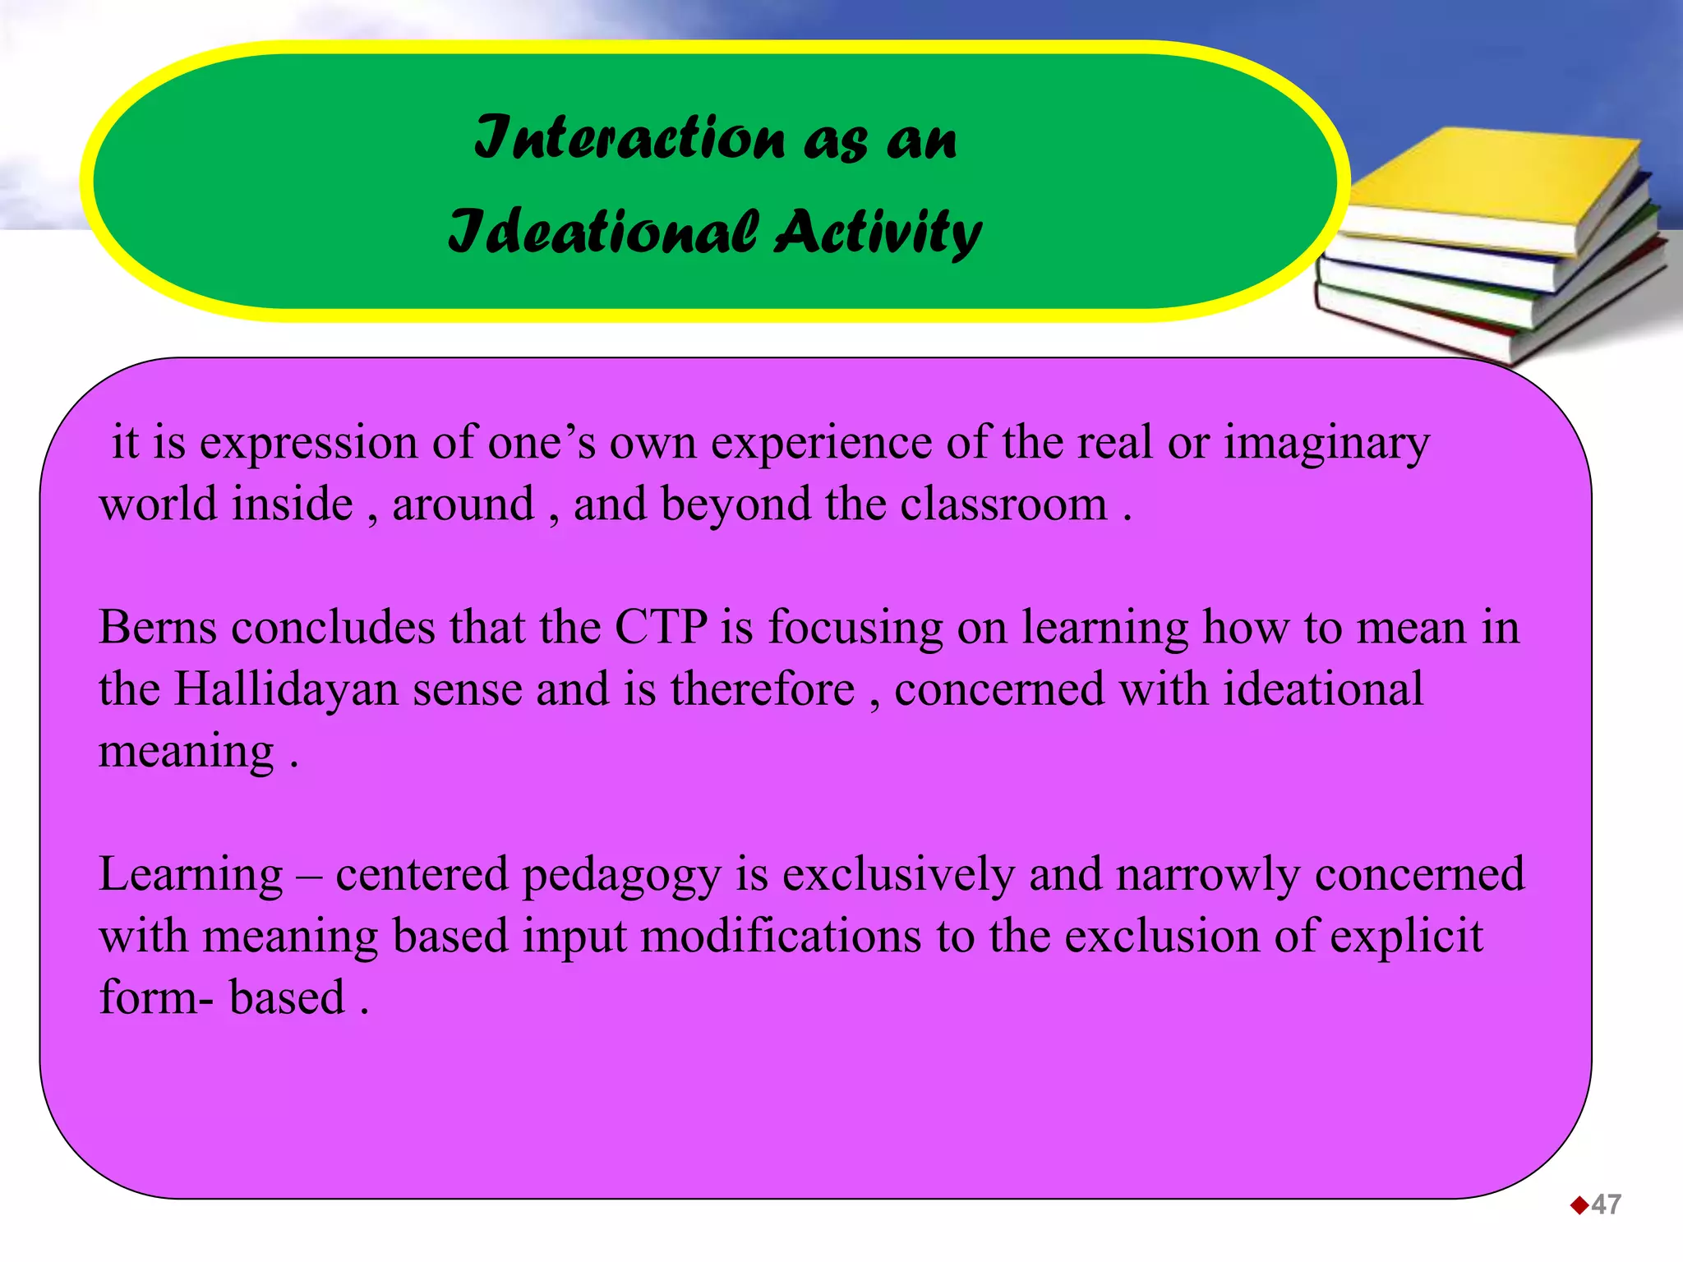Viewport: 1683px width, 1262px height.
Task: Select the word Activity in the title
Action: coord(878,232)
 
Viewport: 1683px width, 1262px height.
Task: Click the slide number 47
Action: coord(1606,1204)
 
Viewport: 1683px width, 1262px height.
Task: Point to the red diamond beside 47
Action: coord(1579,1205)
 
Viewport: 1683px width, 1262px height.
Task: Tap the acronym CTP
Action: coord(661,628)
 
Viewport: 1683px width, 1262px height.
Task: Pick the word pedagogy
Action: coord(621,874)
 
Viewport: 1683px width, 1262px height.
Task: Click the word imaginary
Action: coord(1326,444)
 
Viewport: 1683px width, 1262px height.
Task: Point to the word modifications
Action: coord(781,937)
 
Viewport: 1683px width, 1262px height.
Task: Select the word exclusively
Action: coord(898,874)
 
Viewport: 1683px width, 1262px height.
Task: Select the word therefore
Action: coord(763,689)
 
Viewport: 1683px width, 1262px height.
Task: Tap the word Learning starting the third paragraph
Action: coord(191,874)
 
